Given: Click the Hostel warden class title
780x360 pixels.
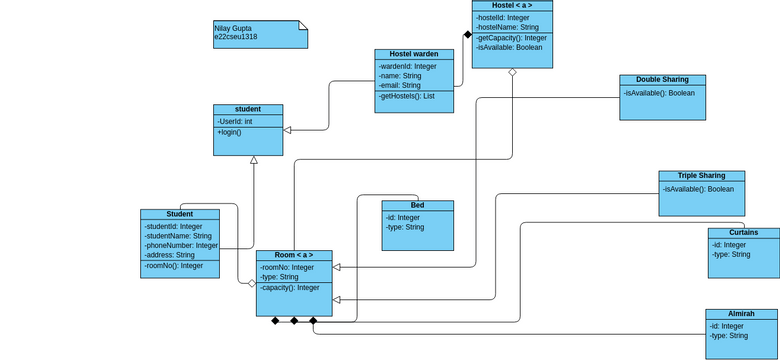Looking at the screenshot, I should pos(414,54).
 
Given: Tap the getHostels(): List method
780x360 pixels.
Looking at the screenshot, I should pos(407,96).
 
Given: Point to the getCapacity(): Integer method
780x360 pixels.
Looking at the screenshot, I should pos(511,38).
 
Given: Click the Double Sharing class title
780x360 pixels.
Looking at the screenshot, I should pos(662,80).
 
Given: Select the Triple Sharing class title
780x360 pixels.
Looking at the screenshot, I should pos(701,176).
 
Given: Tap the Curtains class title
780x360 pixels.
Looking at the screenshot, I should pos(743,232).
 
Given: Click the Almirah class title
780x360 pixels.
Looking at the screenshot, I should pos(741,314).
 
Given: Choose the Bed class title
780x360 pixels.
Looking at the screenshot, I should pos(417,205).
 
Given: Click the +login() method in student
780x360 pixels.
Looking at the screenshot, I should pos(229,132).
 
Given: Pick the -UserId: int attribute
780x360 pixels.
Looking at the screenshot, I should pos(235,121).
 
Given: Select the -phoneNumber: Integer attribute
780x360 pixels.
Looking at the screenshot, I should pos(181,245).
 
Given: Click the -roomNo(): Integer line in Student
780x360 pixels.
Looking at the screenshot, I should pos(174,266).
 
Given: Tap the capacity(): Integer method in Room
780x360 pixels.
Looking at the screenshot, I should pos(290,288).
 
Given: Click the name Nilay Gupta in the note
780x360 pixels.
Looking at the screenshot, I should pos(233,28).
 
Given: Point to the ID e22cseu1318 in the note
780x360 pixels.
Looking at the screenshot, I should pos(236,37).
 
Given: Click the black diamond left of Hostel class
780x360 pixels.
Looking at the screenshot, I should pos(466,34).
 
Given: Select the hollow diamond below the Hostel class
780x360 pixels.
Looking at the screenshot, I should pos(512,73).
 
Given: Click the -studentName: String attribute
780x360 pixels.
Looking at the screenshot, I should pos(178,236).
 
